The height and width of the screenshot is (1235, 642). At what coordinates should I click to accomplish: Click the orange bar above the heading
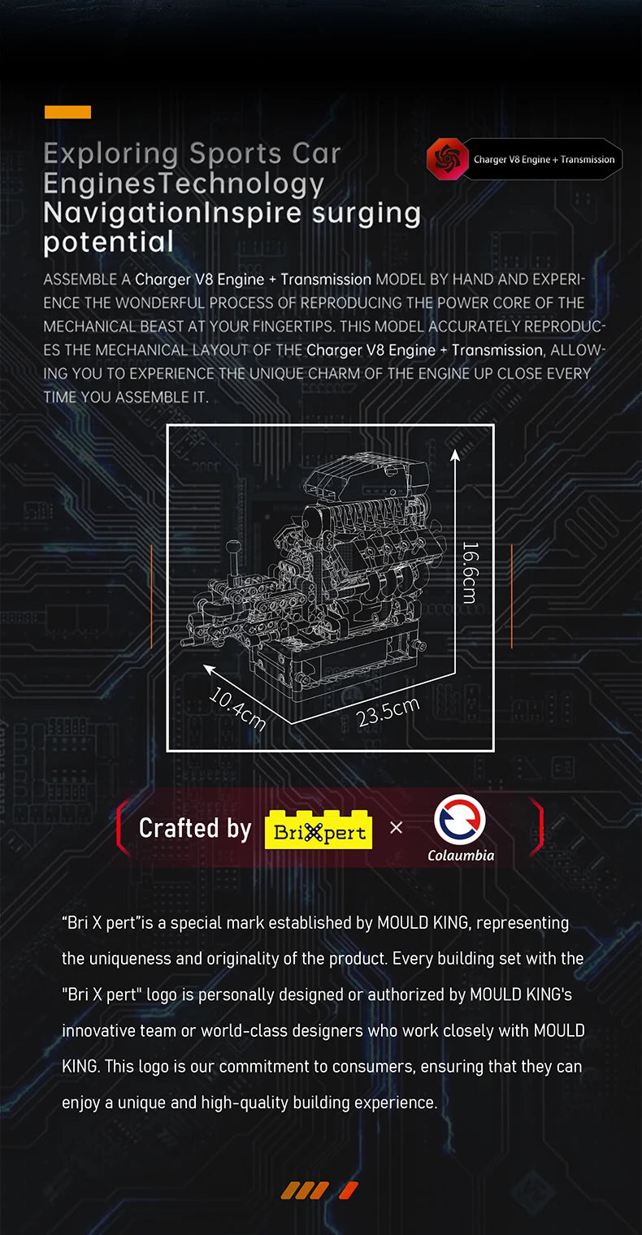pyautogui.click(x=67, y=112)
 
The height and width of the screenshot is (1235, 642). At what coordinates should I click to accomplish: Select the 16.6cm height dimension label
pyautogui.click(x=469, y=572)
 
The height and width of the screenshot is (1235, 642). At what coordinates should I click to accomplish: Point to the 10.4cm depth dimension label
pyautogui.click(x=237, y=708)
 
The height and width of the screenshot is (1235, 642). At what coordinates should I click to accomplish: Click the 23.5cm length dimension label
pyautogui.click(x=388, y=711)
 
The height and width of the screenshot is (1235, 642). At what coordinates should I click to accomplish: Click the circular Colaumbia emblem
pyautogui.click(x=460, y=819)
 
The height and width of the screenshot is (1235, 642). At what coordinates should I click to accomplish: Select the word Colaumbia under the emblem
pyautogui.click(x=460, y=855)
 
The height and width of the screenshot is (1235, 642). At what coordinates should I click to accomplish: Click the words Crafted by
pyautogui.click(x=195, y=828)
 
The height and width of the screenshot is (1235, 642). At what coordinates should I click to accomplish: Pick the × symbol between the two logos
pyautogui.click(x=396, y=828)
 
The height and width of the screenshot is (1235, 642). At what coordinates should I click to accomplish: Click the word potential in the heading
pyautogui.click(x=108, y=241)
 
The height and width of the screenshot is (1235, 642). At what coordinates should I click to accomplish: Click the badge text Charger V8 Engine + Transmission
pyautogui.click(x=544, y=159)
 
